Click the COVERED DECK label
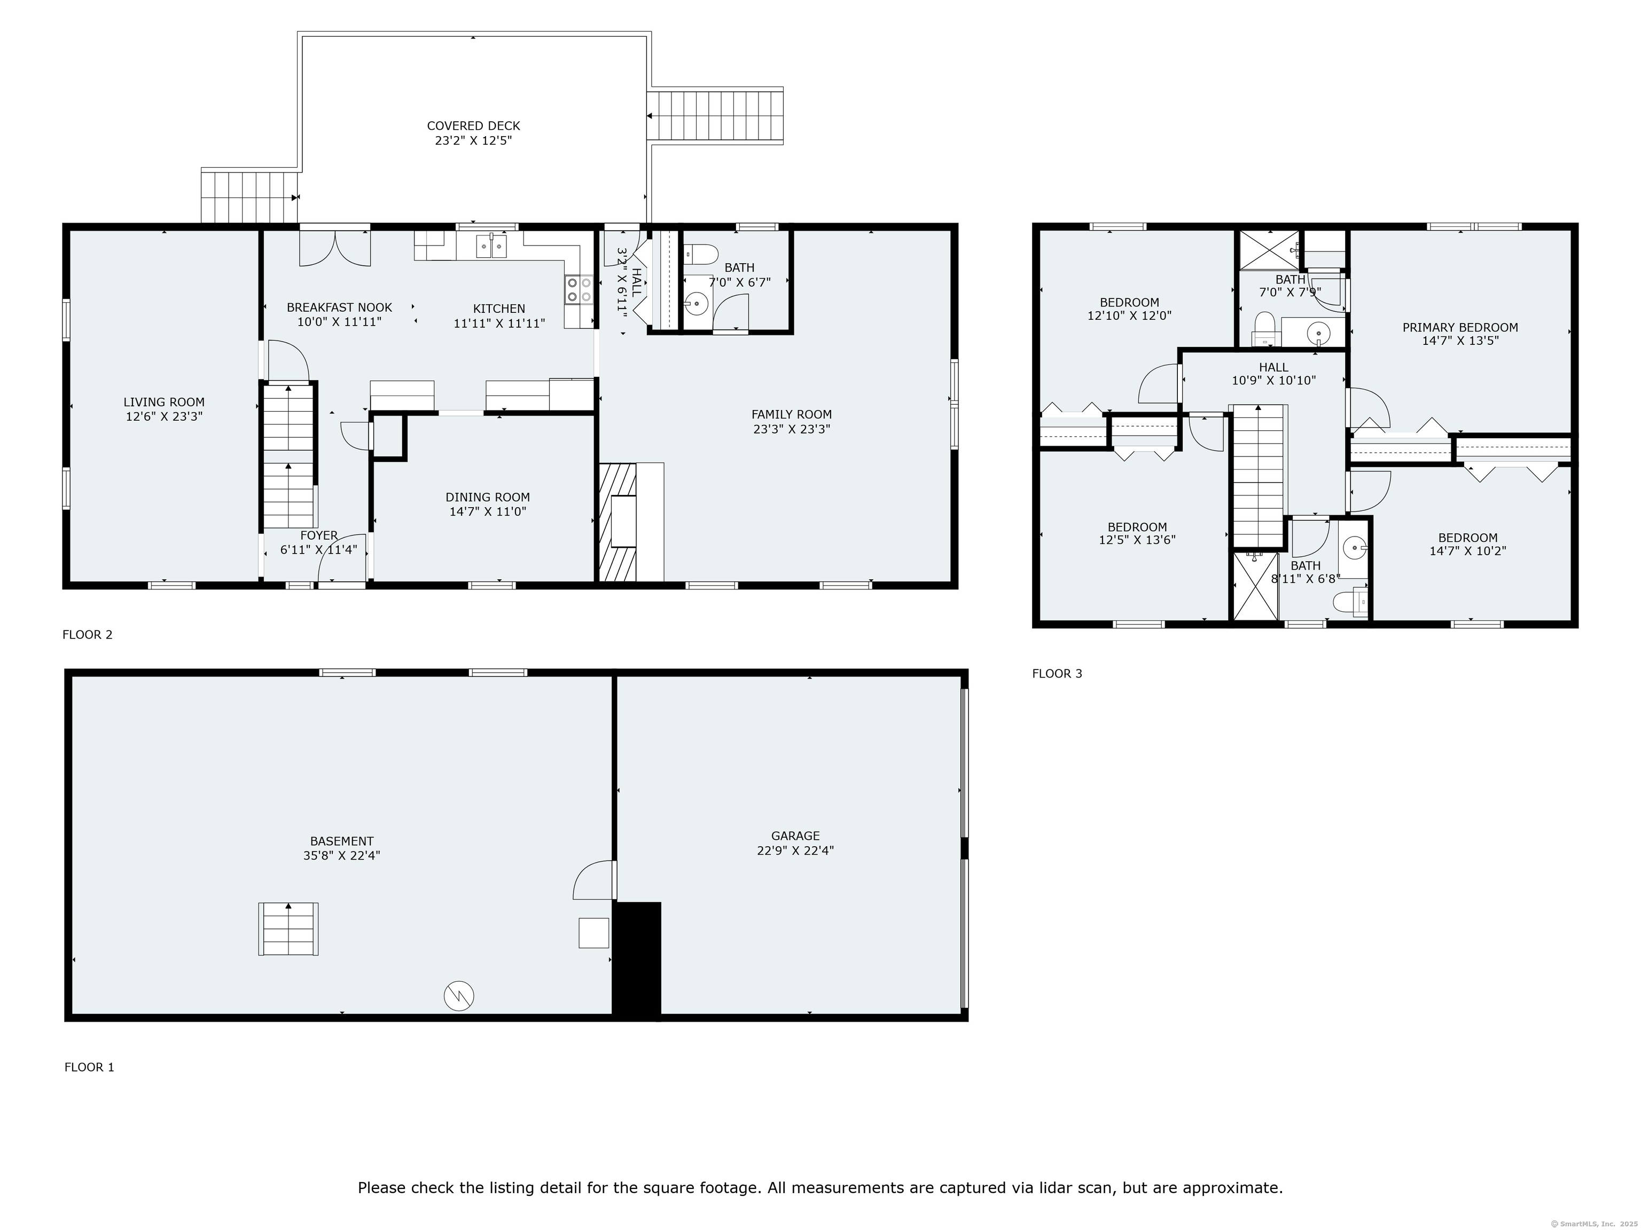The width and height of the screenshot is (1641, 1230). (473, 126)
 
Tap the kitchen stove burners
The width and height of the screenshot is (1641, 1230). (579, 289)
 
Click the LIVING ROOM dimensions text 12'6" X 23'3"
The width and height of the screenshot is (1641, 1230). (164, 416)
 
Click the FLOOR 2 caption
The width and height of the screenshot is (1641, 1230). (88, 635)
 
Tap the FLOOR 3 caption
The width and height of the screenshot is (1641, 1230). (1057, 673)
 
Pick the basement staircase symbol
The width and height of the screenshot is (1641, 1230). (288, 929)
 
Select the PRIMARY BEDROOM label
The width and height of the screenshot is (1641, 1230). (1459, 327)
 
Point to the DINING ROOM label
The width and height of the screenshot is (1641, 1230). (487, 498)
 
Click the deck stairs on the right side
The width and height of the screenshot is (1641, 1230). (716, 116)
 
